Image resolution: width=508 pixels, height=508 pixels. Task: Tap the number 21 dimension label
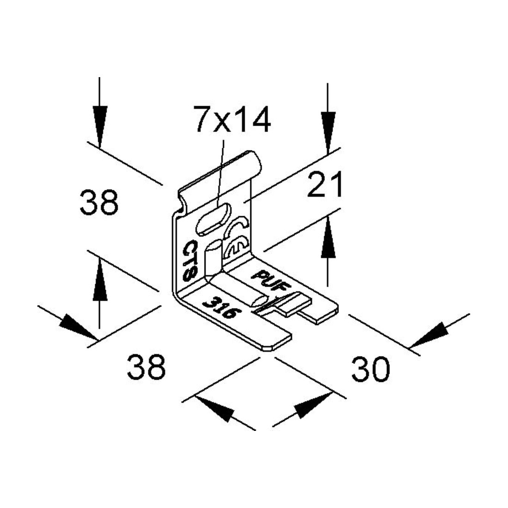tap(324, 185)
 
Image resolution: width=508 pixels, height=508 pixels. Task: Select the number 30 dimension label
tap(371, 369)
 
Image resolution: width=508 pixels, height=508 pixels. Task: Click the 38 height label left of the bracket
tap(99, 202)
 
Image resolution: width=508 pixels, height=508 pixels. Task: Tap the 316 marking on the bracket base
tap(219, 307)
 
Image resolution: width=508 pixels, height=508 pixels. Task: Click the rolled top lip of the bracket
tap(220, 177)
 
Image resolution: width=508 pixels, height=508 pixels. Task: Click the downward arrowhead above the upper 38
tap(100, 127)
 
